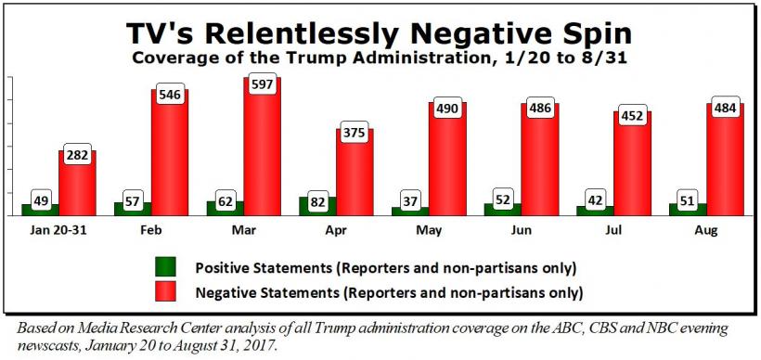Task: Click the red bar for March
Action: pyautogui.click(x=262, y=146)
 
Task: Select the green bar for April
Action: pyautogui.click(x=317, y=206)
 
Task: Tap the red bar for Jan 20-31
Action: pyautogui.click(x=77, y=183)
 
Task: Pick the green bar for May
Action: pyautogui.click(x=410, y=211)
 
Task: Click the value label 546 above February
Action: pyautogui.click(x=170, y=96)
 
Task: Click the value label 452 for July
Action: pyautogui.click(x=633, y=116)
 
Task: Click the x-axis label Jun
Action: pyautogui.click(x=522, y=230)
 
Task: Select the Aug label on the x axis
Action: pyautogui.click(x=706, y=231)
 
